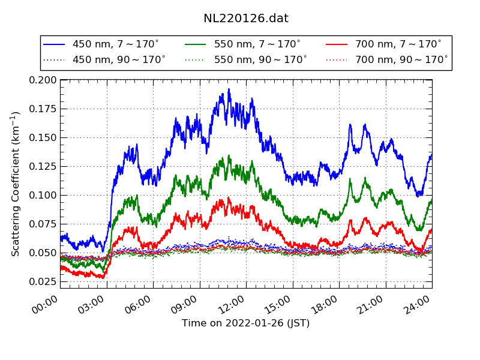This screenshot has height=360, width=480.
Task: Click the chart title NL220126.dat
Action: click(x=246, y=18)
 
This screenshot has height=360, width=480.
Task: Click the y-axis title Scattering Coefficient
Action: click(x=16, y=184)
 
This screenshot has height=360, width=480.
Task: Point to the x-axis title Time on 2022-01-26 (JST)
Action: click(x=246, y=323)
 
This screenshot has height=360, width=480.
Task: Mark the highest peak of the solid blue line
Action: click(x=229, y=89)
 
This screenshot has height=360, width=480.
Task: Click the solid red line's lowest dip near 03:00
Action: click(x=103, y=278)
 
